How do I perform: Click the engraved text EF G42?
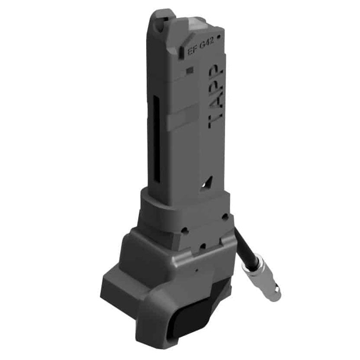click(201, 46)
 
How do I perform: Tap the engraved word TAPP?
click(215, 96)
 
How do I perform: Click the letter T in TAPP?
click(215, 121)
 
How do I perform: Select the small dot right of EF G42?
click(219, 36)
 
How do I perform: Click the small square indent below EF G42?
click(190, 70)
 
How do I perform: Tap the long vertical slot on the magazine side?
click(157, 139)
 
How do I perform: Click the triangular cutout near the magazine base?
click(207, 183)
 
